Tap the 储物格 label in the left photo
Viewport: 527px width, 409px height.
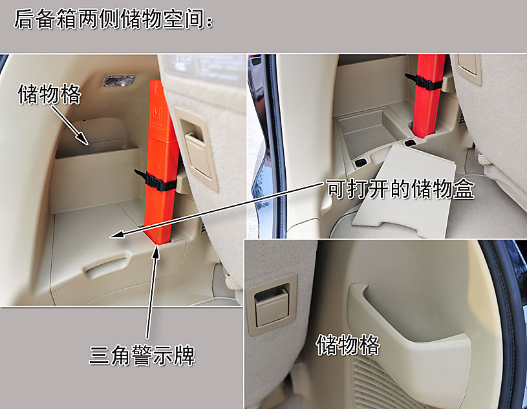50,94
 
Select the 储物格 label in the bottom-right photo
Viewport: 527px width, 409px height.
347,344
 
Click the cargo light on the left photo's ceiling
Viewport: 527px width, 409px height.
118,81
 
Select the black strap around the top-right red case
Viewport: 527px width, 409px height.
424,82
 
